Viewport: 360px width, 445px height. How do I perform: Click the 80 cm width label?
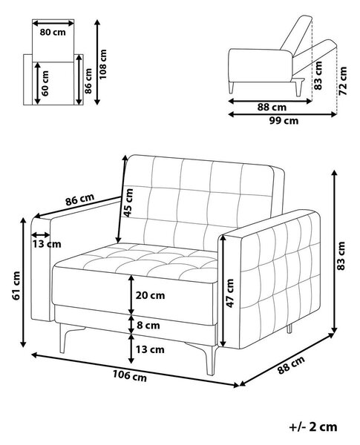[53, 32]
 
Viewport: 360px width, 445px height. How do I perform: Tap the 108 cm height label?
[102, 64]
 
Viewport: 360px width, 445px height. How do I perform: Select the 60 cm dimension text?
[45, 84]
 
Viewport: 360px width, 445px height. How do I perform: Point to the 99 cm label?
[284, 121]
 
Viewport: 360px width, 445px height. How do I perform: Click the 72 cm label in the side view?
[343, 81]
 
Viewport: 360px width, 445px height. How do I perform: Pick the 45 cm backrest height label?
[128, 202]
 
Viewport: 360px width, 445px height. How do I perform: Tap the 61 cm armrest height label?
[16, 286]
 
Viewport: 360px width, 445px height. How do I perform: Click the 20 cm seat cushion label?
[150, 295]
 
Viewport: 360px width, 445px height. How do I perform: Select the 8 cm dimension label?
[148, 326]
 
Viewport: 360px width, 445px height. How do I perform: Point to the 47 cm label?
[229, 293]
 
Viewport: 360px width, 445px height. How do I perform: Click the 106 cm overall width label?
[130, 376]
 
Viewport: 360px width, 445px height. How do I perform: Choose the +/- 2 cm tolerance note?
[313, 426]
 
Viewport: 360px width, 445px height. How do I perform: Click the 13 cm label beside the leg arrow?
[150, 349]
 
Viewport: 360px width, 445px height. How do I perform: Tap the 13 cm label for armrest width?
[46, 244]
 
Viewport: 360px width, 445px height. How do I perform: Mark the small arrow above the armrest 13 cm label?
[40, 234]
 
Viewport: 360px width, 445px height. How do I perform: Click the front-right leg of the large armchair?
[211, 360]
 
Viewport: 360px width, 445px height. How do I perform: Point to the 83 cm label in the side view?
[318, 76]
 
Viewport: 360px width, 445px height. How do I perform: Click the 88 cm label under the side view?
[272, 108]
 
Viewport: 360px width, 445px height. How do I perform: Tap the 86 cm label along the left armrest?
[80, 200]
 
